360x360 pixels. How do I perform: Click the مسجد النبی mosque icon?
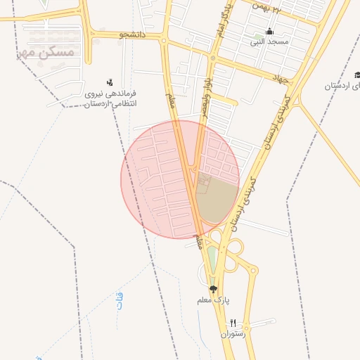pos(269,32)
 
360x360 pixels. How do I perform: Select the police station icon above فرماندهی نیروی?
pos(109,82)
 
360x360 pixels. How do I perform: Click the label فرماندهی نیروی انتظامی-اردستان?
pos(110,98)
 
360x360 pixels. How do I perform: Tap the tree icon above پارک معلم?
pos(213,289)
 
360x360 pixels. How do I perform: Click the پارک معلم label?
pos(214,300)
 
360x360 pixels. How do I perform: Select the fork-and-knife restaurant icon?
pos(233,323)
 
